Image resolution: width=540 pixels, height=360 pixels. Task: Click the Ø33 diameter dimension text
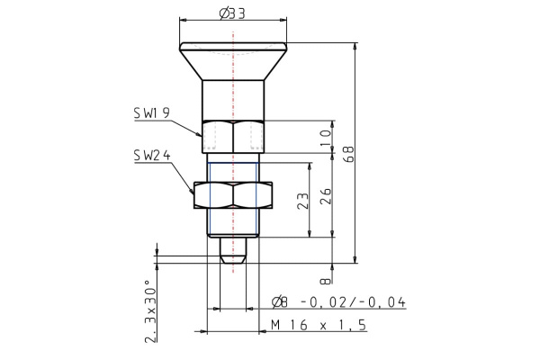coord(233,13)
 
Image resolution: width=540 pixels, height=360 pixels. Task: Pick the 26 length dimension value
coord(325,196)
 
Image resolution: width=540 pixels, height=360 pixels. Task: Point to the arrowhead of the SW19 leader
coord(202,133)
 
